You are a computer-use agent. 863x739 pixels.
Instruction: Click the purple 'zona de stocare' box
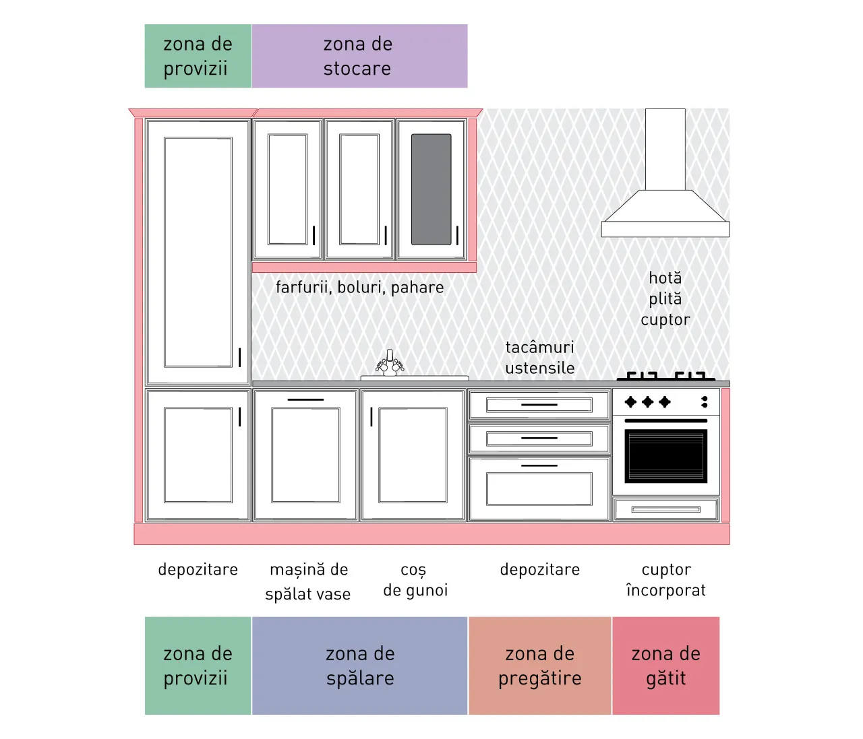tap(359, 56)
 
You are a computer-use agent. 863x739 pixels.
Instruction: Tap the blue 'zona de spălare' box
tap(359, 666)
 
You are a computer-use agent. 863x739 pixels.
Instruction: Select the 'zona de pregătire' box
tap(540, 666)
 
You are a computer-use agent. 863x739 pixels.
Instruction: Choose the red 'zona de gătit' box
tap(666, 666)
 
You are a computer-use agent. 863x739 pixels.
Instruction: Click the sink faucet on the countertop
tap(390, 362)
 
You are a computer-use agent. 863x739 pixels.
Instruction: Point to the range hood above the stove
tap(665, 172)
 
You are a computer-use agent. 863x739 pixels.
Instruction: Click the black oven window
tap(666, 456)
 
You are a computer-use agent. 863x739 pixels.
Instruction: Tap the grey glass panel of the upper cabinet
tap(431, 189)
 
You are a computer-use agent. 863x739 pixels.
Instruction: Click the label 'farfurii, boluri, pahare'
tap(359, 288)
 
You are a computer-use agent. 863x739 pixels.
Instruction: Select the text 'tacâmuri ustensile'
tap(540, 358)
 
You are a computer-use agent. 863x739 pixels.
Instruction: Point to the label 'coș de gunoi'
tap(415, 580)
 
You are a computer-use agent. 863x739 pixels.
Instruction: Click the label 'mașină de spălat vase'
tap(308, 581)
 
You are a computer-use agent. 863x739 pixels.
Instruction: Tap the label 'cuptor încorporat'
tap(666, 580)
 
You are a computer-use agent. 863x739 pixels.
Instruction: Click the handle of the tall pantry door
tap(239, 358)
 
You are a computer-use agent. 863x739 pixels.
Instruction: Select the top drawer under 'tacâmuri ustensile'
tap(539, 405)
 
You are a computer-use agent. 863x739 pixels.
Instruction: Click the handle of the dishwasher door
tap(305, 399)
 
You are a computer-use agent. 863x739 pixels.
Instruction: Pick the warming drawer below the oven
tap(666, 509)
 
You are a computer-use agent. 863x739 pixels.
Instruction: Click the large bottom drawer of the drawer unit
tap(539, 488)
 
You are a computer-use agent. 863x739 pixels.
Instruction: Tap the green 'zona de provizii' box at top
tap(198, 56)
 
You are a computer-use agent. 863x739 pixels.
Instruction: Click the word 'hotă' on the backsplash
tap(665, 278)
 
